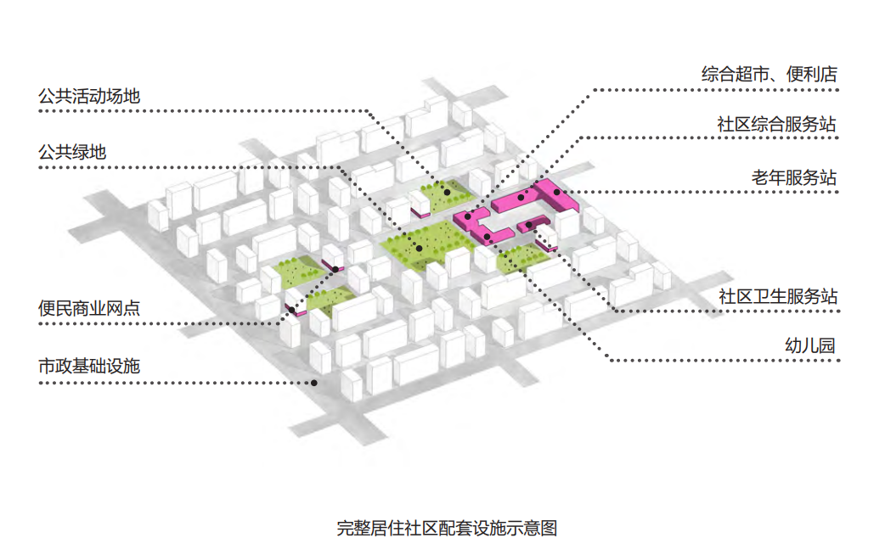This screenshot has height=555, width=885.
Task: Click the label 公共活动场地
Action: click(88, 96)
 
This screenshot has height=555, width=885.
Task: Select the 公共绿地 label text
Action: click(72, 153)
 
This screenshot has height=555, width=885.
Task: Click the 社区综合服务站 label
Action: click(777, 125)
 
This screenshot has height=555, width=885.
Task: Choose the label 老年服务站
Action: click(794, 177)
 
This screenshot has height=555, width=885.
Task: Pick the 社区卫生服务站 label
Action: click(777, 296)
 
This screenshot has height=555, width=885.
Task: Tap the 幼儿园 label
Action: click(810, 346)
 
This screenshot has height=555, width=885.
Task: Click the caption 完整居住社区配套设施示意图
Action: click(447, 528)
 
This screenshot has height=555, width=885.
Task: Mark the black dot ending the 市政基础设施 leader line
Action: click(314, 383)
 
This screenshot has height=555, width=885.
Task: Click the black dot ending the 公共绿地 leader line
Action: click(419, 248)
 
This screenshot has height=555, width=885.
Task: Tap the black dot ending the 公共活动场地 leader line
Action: click(447, 194)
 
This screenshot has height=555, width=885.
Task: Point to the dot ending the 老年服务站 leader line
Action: click(556, 192)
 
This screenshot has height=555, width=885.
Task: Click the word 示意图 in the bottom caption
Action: click(540, 528)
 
